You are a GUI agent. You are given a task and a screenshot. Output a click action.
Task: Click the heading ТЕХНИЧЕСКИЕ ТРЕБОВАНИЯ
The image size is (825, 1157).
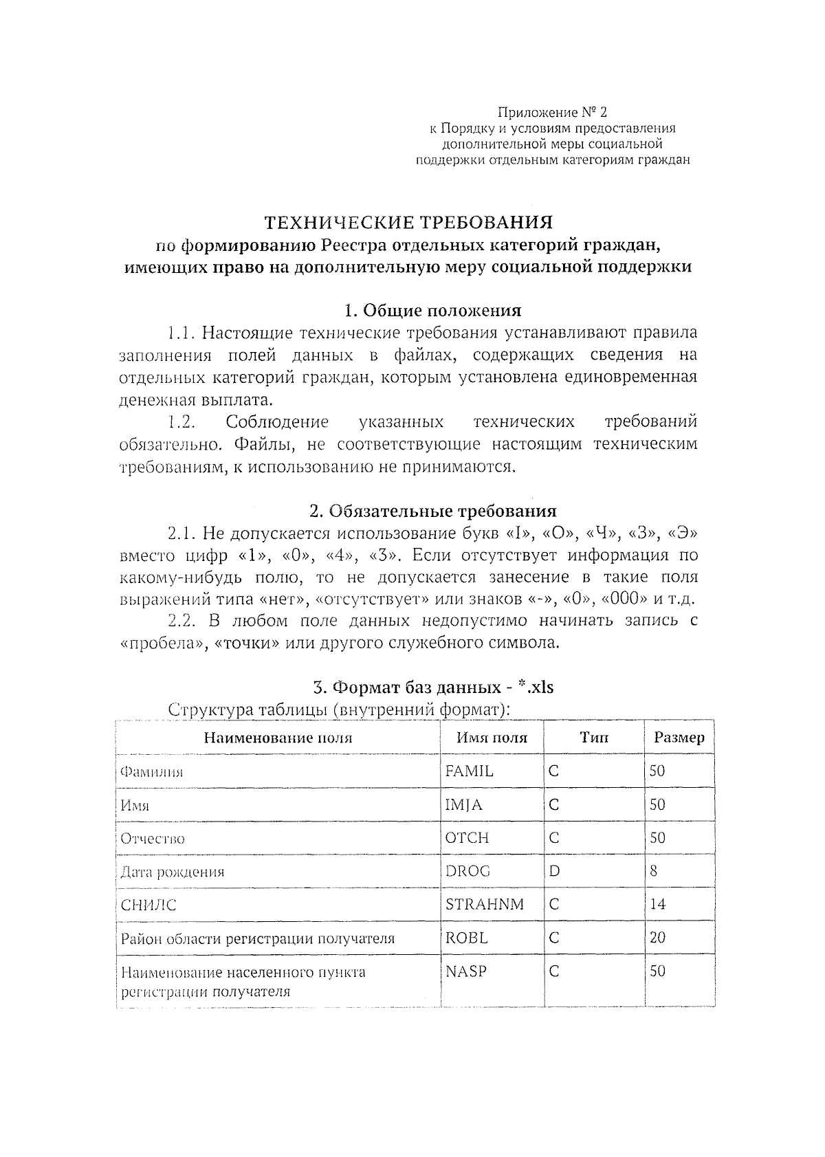pos(409,223)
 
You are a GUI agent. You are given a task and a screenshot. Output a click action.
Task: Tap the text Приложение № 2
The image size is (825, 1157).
pos(553,112)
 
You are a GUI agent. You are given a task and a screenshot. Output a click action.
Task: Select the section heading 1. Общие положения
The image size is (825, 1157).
pos(432,310)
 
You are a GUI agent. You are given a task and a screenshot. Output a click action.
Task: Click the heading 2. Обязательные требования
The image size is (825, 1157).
pos(432,511)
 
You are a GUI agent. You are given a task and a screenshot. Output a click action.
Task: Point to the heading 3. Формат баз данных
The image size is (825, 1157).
pos(432,687)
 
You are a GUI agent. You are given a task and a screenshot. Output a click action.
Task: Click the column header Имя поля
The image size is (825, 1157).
pos(492,738)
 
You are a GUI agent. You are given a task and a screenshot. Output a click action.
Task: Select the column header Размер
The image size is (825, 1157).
pos(679,738)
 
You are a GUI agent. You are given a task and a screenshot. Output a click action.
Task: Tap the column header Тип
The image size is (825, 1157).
pos(593,738)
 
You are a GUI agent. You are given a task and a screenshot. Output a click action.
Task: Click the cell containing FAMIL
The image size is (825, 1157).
pos(469,771)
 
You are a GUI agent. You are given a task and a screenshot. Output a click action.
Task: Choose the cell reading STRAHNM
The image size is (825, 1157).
pos(484,904)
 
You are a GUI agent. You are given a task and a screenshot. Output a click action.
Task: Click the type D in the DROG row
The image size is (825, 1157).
pos(554,871)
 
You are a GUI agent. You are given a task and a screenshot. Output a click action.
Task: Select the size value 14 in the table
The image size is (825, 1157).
pos(657,904)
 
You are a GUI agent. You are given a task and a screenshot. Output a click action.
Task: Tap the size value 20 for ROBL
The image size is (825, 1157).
pos(657,938)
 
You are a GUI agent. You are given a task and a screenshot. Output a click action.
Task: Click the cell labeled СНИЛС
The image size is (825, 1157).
pos(148,905)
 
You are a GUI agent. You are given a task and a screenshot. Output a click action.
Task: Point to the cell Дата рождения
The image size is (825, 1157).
pos(173,872)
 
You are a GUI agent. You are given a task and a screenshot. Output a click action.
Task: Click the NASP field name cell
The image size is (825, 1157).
pos(465,971)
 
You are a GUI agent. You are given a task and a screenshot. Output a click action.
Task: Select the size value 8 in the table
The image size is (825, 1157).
pos(653,871)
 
